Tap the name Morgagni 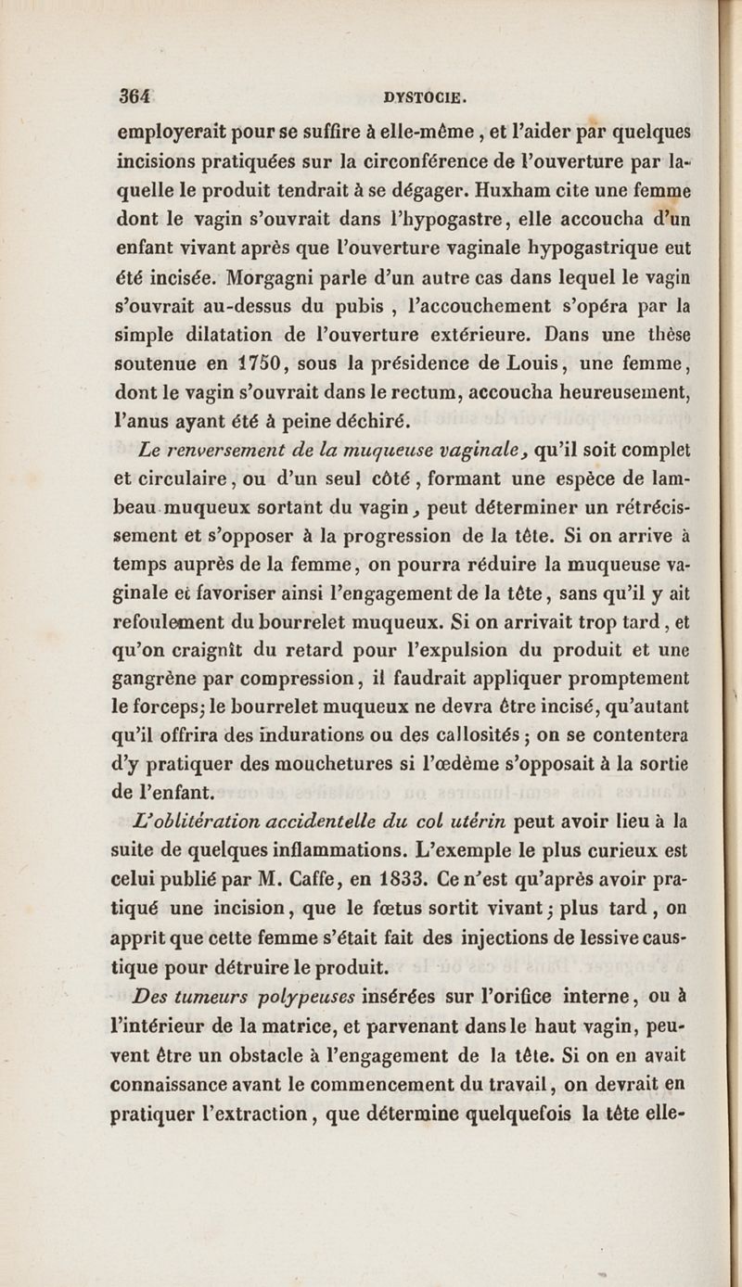[x=273, y=278]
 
